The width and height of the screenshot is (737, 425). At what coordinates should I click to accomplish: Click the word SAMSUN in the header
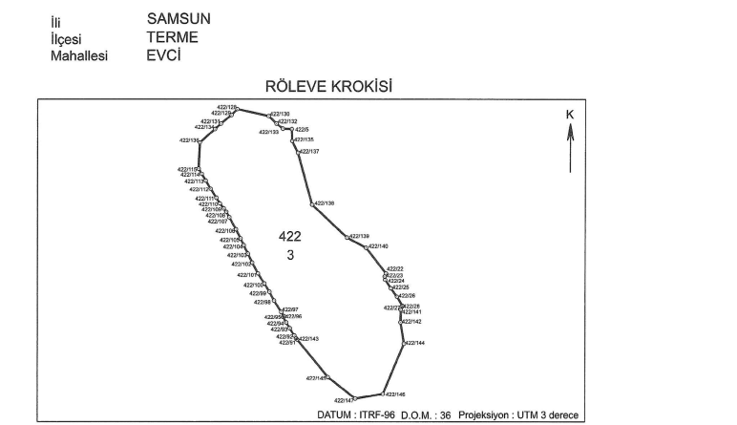(179, 18)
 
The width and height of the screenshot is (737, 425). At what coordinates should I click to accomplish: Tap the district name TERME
(173, 37)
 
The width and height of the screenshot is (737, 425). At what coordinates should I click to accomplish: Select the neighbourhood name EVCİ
(164, 55)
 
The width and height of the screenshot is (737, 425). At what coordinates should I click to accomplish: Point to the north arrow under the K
(570, 149)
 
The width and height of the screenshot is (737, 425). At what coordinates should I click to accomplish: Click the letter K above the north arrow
(570, 115)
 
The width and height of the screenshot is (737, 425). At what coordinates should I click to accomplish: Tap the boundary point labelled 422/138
(324, 203)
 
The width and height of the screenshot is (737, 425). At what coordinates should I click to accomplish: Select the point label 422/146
(396, 394)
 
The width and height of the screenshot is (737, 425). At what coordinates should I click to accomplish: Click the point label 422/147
(344, 400)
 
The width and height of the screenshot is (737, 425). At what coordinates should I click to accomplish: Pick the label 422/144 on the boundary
(415, 343)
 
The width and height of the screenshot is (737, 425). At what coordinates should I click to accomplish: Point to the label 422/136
(189, 140)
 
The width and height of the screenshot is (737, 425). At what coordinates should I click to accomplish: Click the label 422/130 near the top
(280, 114)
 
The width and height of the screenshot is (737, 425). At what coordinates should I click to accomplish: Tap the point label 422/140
(378, 246)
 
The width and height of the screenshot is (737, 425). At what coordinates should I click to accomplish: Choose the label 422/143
(309, 339)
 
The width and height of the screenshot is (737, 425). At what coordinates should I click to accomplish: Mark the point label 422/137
(309, 152)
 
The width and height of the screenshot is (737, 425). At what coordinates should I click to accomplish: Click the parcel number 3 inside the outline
(290, 255)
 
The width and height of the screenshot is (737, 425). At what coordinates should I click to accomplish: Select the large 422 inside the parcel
(290, 236)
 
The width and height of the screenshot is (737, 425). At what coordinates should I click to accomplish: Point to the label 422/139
(359, 236)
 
